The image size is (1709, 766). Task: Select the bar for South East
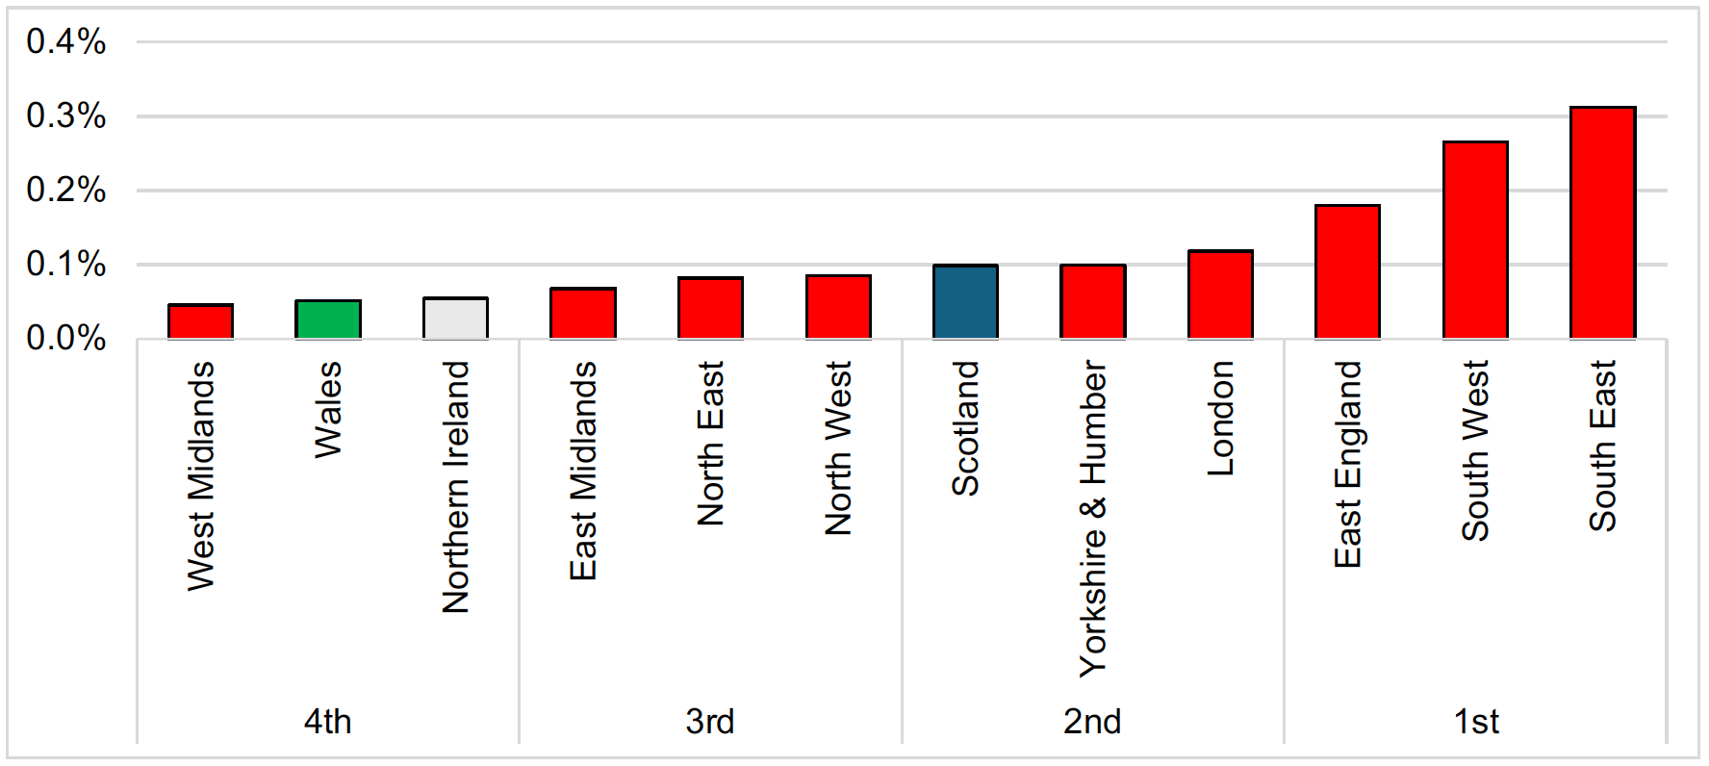1602,222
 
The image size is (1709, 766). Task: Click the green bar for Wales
328,319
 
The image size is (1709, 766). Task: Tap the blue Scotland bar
965,301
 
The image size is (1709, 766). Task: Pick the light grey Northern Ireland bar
455,319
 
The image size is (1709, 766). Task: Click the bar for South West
1475,240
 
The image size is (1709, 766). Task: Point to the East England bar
1347,271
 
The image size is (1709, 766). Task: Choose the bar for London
1220,294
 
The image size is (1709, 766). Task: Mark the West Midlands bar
200,321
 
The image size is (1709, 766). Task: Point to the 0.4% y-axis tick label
66,41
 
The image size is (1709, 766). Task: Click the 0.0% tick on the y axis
66,338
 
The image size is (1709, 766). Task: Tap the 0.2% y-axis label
66,190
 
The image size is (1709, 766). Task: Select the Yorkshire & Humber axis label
1093,519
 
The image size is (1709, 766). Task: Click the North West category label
838,447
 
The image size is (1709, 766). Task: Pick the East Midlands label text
583,471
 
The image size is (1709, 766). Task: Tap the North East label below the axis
710,444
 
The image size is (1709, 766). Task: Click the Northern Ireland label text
455,487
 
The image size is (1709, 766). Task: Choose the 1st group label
1476,722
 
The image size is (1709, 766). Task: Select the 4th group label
328,722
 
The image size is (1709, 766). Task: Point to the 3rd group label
710,722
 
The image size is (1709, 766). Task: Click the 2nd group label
1092,722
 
